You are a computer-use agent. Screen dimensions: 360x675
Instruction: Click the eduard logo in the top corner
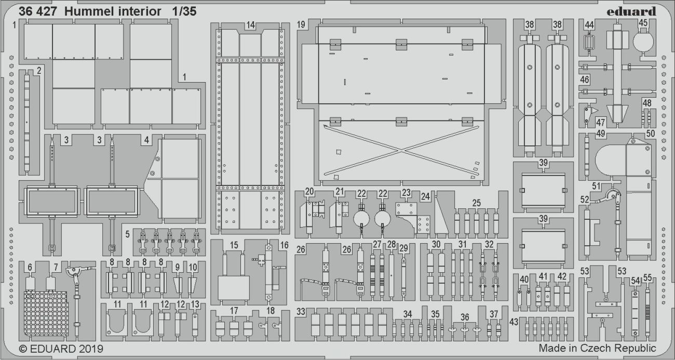coord(631,11)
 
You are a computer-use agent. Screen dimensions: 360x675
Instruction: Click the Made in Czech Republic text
coord(597,348)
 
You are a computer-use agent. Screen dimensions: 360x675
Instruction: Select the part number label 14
coord(251,25)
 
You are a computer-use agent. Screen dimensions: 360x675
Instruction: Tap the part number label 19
coord(302,25)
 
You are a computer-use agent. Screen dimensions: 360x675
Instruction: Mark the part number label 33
coord(301,312)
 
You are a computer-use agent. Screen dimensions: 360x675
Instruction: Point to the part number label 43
coord(514,322)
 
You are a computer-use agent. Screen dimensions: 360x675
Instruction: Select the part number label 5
coord(127,234)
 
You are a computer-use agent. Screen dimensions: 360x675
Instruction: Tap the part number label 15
coord(234,245)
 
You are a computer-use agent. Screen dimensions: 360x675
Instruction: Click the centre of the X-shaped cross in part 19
coord(401,150)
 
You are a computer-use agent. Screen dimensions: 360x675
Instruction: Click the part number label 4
coord(147,140)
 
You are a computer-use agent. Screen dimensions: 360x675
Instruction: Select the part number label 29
coord(403,248)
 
